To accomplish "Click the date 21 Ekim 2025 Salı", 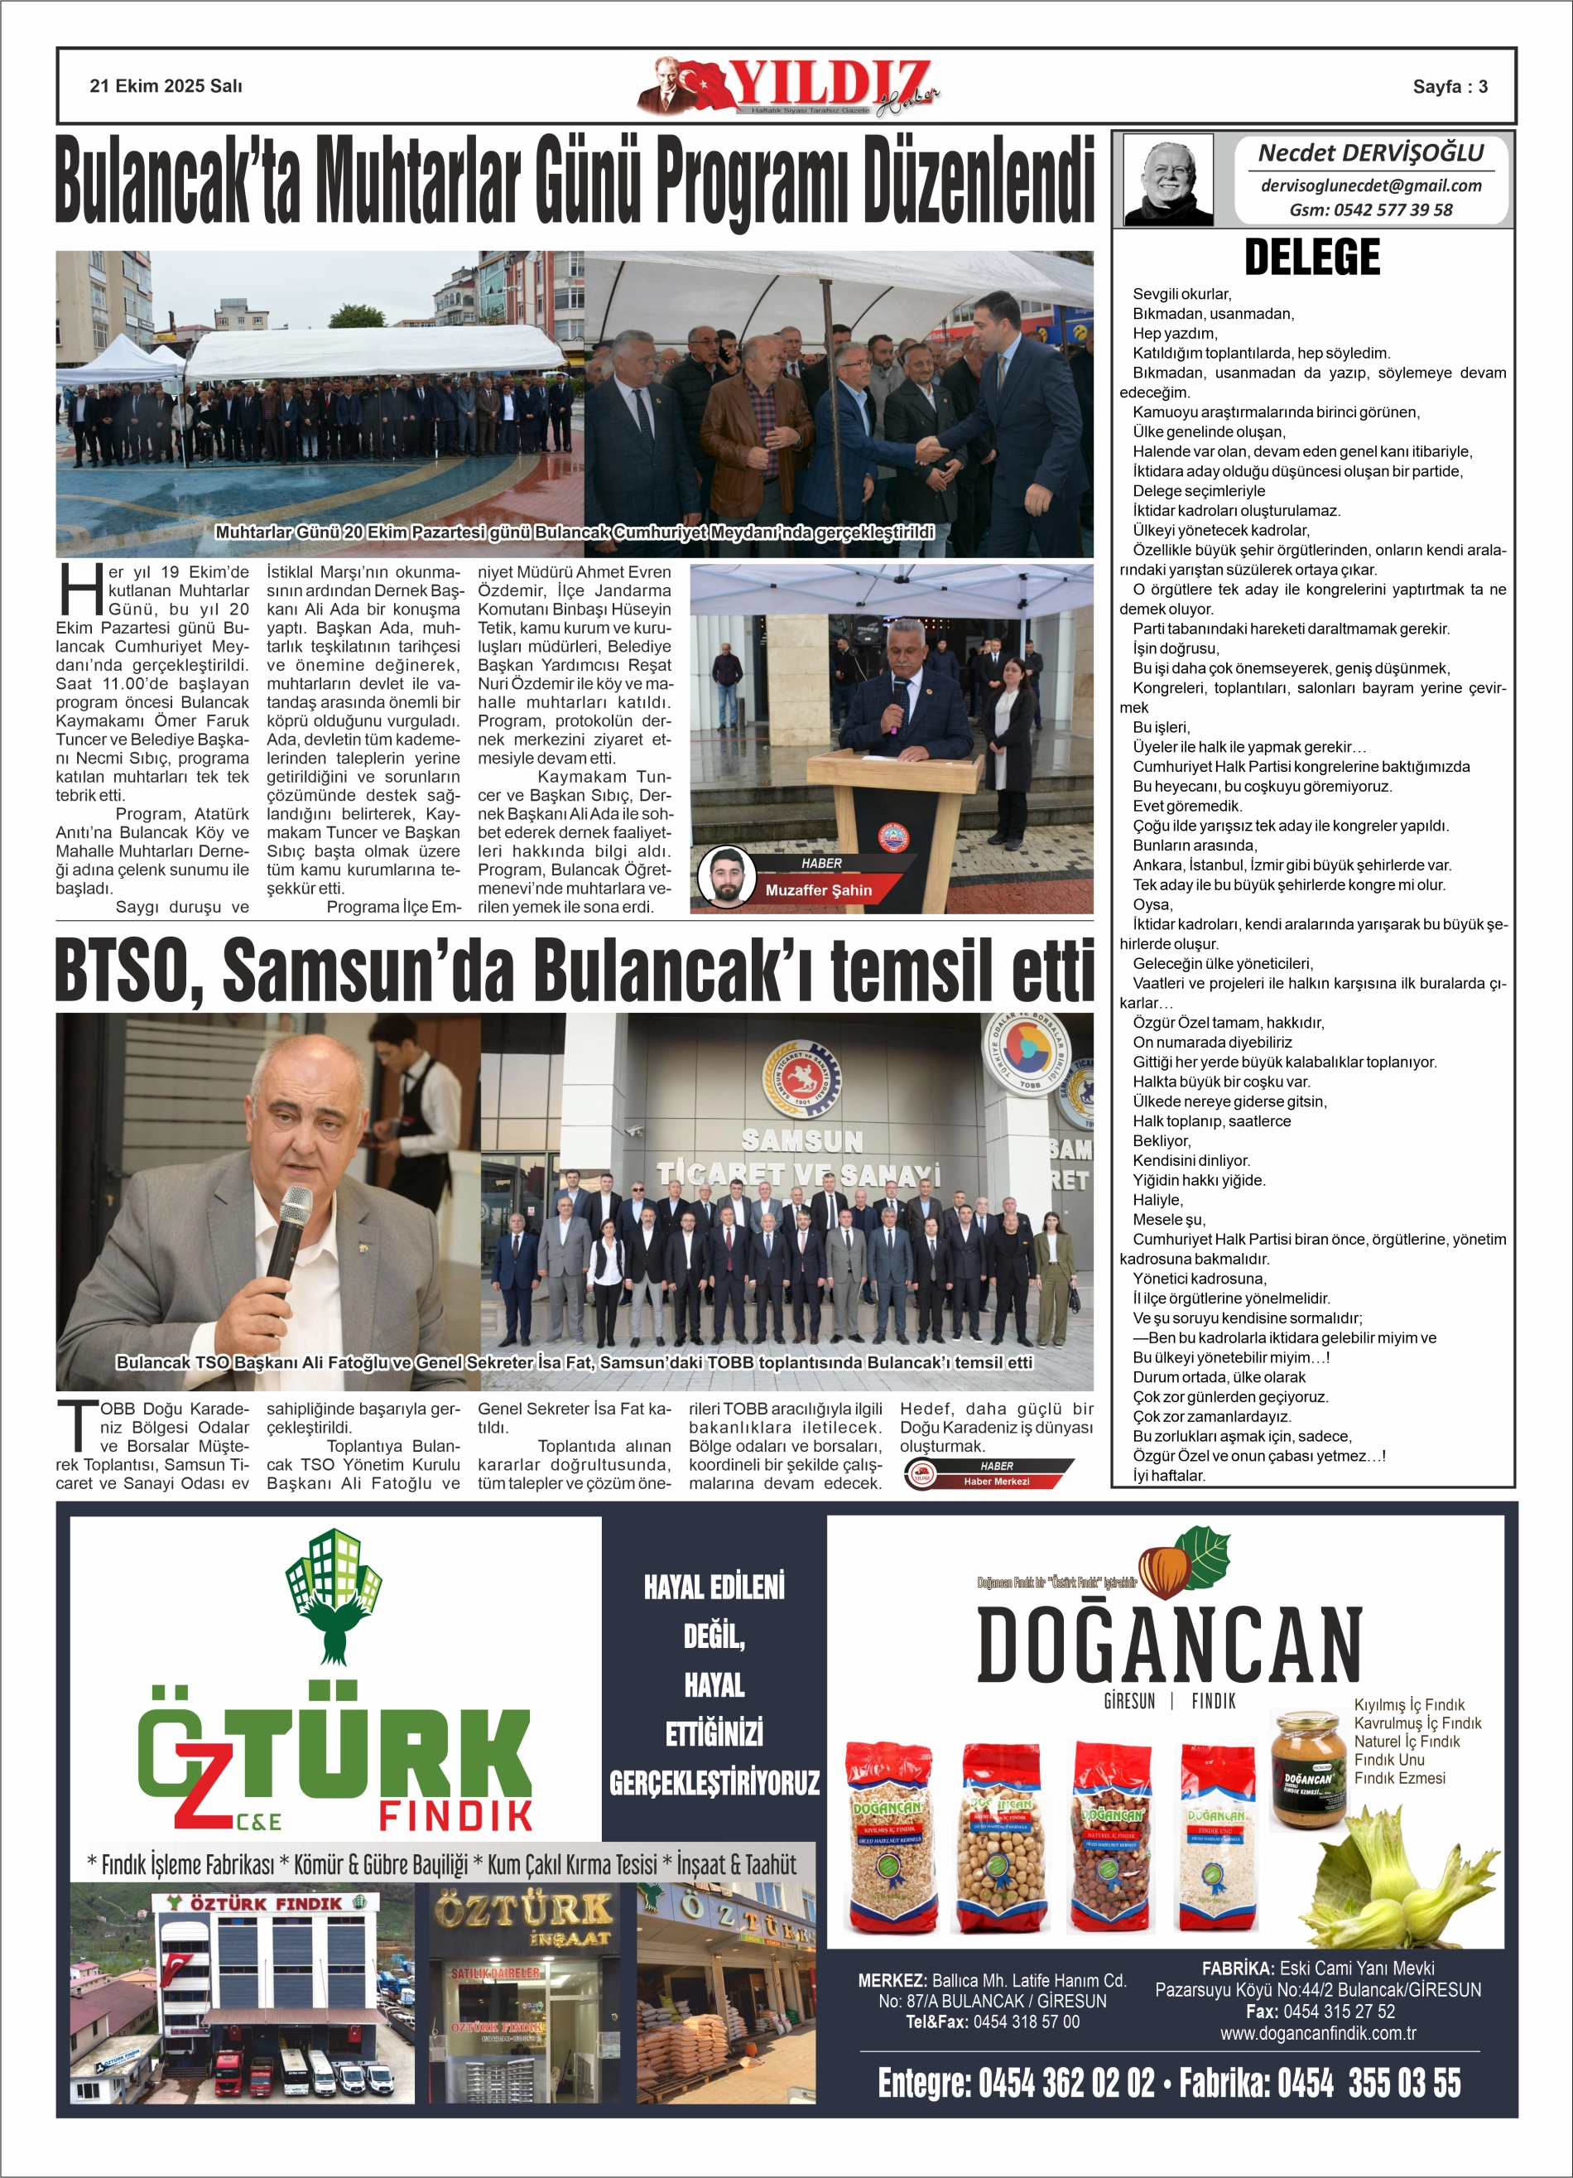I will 166,86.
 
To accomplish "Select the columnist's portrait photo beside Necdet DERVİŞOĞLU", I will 1168,181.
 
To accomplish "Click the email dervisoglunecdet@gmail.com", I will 1370,186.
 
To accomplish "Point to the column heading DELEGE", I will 1311,258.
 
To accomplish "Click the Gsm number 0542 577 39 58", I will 1370,210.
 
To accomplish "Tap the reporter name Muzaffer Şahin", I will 818,890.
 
